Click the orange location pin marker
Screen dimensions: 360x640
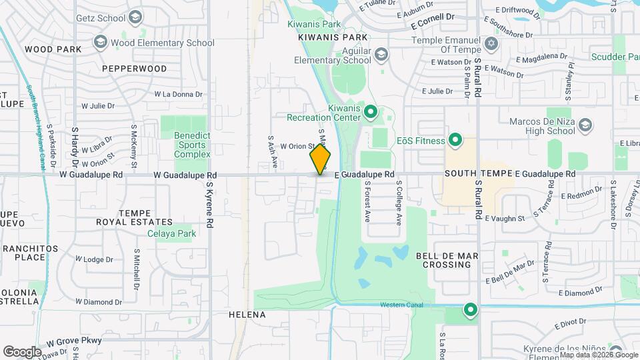[320, 159]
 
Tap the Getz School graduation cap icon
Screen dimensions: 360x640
[136, 17]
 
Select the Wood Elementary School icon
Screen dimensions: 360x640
[101, 43]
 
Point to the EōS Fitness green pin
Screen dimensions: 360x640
[455, 140]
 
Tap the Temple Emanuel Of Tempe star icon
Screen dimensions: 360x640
[492, 43]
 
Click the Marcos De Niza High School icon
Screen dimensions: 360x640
[585, 125]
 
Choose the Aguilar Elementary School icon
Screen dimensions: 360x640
[381, 54]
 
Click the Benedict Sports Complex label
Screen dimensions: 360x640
[192, 145]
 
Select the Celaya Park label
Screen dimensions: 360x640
[172, 234]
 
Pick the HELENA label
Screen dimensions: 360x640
[247, 315]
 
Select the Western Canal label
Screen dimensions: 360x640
[401, 305]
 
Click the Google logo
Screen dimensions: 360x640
[22, 351]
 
